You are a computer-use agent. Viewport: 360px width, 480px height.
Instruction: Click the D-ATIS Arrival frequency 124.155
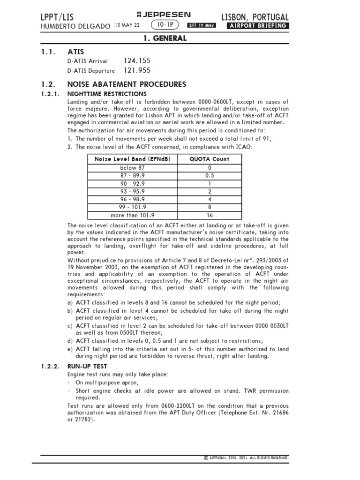coord(137,61)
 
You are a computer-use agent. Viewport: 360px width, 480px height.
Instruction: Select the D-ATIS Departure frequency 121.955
coord(137,71)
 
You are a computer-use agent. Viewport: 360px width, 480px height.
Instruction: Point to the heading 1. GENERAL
coord(165,38)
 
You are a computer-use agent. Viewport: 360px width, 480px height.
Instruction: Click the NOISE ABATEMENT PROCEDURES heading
coord(127,84)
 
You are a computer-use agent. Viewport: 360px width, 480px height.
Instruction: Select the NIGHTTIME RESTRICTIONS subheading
coord(107,94)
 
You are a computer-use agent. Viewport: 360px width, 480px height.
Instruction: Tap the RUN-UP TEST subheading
coord(87,366)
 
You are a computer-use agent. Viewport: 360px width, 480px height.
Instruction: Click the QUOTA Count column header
coord(209,159)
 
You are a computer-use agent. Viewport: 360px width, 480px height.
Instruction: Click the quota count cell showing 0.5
coord(209,175)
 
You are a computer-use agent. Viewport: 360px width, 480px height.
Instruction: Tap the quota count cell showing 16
coord(209,216)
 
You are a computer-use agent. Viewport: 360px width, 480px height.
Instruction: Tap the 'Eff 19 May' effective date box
coord(202,25)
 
